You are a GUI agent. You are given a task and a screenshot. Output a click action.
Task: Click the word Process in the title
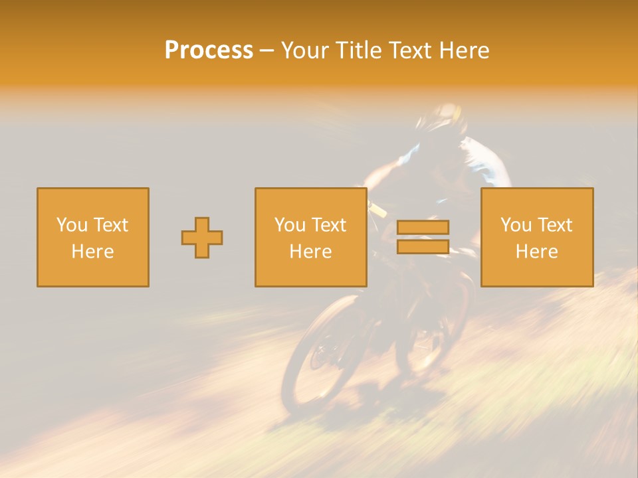pyautogui.click(x=209, y=50)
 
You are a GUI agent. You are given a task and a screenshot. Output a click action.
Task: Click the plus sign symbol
pyautogui.click(x=202, y=238)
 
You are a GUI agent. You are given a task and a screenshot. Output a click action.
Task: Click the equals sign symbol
pyautogui.click(x=423, y=237)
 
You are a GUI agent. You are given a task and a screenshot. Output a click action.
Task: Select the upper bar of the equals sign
pyautogui.click(x=423, y=227)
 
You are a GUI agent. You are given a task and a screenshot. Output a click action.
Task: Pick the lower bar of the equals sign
pyautogui.click(x=423, y=247)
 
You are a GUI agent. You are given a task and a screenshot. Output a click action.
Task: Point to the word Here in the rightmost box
pyautogui.click(x=537, y=252)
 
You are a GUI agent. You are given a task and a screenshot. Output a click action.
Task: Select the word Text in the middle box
pyautogui.click(x=328, y=225)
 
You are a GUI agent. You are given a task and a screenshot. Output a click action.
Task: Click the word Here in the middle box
pyautogui.click(x=311, y=252)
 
